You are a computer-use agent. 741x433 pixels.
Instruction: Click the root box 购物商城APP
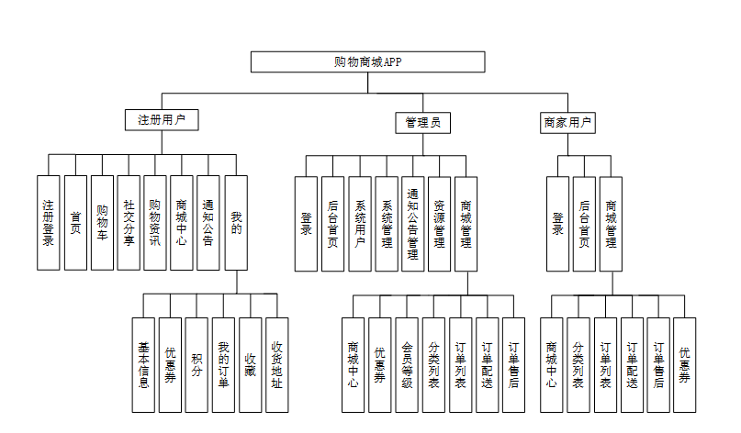click(x=368, y=61)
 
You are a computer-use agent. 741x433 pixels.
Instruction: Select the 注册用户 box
click(x=162, y=120)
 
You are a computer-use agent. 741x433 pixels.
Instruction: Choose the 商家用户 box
click(x=567, y=122)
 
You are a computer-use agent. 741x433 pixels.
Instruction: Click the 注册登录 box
click(x=49, y=223)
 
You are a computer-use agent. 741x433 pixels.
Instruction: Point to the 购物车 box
click(x=102, y=223)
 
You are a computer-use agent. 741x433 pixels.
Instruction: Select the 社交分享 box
click(x=129, y=223)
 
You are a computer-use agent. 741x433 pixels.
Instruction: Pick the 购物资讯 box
click(x=155, y=223)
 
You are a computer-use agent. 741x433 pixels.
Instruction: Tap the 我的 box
click(x=236, y=223)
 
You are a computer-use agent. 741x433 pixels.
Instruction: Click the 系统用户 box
click(x=360, y=224)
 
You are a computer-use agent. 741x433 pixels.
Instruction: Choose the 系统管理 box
click(x=387, y=224)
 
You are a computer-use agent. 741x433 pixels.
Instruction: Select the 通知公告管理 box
click(x=413, y=224)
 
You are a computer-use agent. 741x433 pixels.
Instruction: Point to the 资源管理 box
click(x=440, y=224)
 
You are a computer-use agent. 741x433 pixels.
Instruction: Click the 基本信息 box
click(x=142, y=364)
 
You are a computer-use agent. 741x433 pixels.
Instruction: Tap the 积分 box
click(x=196, y=364)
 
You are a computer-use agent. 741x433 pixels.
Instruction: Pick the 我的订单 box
click(x=223, y=364)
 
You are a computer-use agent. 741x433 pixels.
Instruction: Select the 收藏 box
click(x=250, y=364)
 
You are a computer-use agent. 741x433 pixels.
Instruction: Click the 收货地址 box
click(x=276, y=364)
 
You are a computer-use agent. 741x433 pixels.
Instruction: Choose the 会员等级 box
click(x=408, y=364)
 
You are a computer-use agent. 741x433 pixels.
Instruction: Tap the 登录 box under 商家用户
click(x=557, y=224)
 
